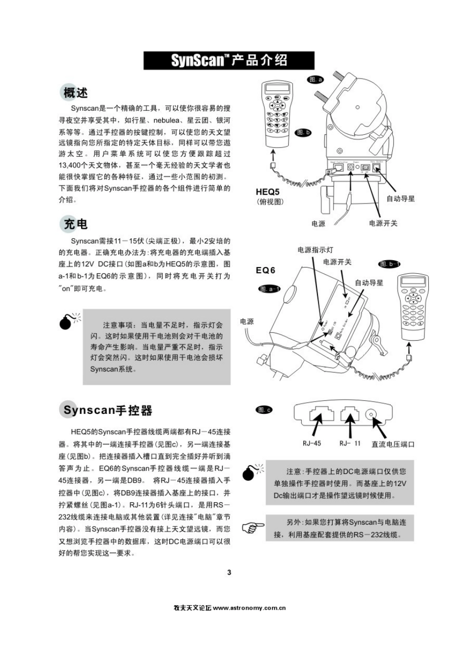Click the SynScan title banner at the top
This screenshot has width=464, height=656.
tap(229, 61)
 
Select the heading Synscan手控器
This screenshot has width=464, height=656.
tap(108, 410)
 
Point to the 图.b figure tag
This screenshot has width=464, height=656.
tap(303, 132)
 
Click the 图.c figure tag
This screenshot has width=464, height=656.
tap(264, 410)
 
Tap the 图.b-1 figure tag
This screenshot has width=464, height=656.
tap(390, 264)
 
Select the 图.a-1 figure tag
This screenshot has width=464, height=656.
tap(269, 289)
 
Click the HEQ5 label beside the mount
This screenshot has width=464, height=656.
tap(268, 192)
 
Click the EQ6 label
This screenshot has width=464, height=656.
tap(266, 270)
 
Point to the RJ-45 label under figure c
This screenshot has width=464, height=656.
tap(312, 443)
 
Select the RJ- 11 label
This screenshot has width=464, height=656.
tap(350, 443)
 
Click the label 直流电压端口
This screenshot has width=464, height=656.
tap(393, 444)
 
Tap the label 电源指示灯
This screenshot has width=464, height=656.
tap(315, 249)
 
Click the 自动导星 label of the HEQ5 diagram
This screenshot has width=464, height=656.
tap(401, 199)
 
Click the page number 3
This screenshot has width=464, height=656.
tap(230, 572)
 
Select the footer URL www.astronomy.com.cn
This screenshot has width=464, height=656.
tap(249, 608)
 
